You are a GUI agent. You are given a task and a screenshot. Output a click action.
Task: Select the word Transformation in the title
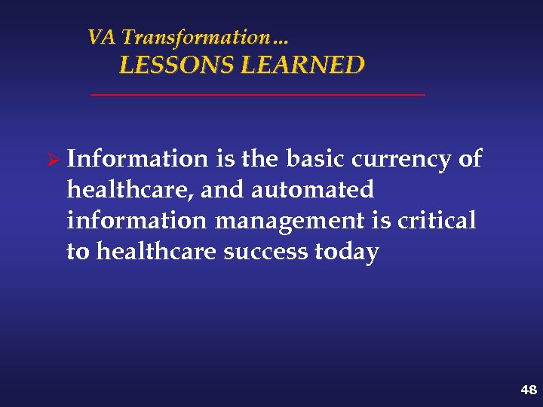pos(195,37)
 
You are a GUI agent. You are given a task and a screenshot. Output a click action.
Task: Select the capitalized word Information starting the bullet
pos(137,159)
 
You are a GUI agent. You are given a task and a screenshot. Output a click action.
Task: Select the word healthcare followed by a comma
pos(130,191)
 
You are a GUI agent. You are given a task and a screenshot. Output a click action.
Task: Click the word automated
pos(312,190)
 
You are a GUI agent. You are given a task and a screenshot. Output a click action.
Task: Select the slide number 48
pos(528,390)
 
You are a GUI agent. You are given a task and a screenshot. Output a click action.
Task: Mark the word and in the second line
pos(223,190)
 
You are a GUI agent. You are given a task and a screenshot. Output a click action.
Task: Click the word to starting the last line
pos(77,252)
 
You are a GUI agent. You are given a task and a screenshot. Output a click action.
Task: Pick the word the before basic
pos(259,159)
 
